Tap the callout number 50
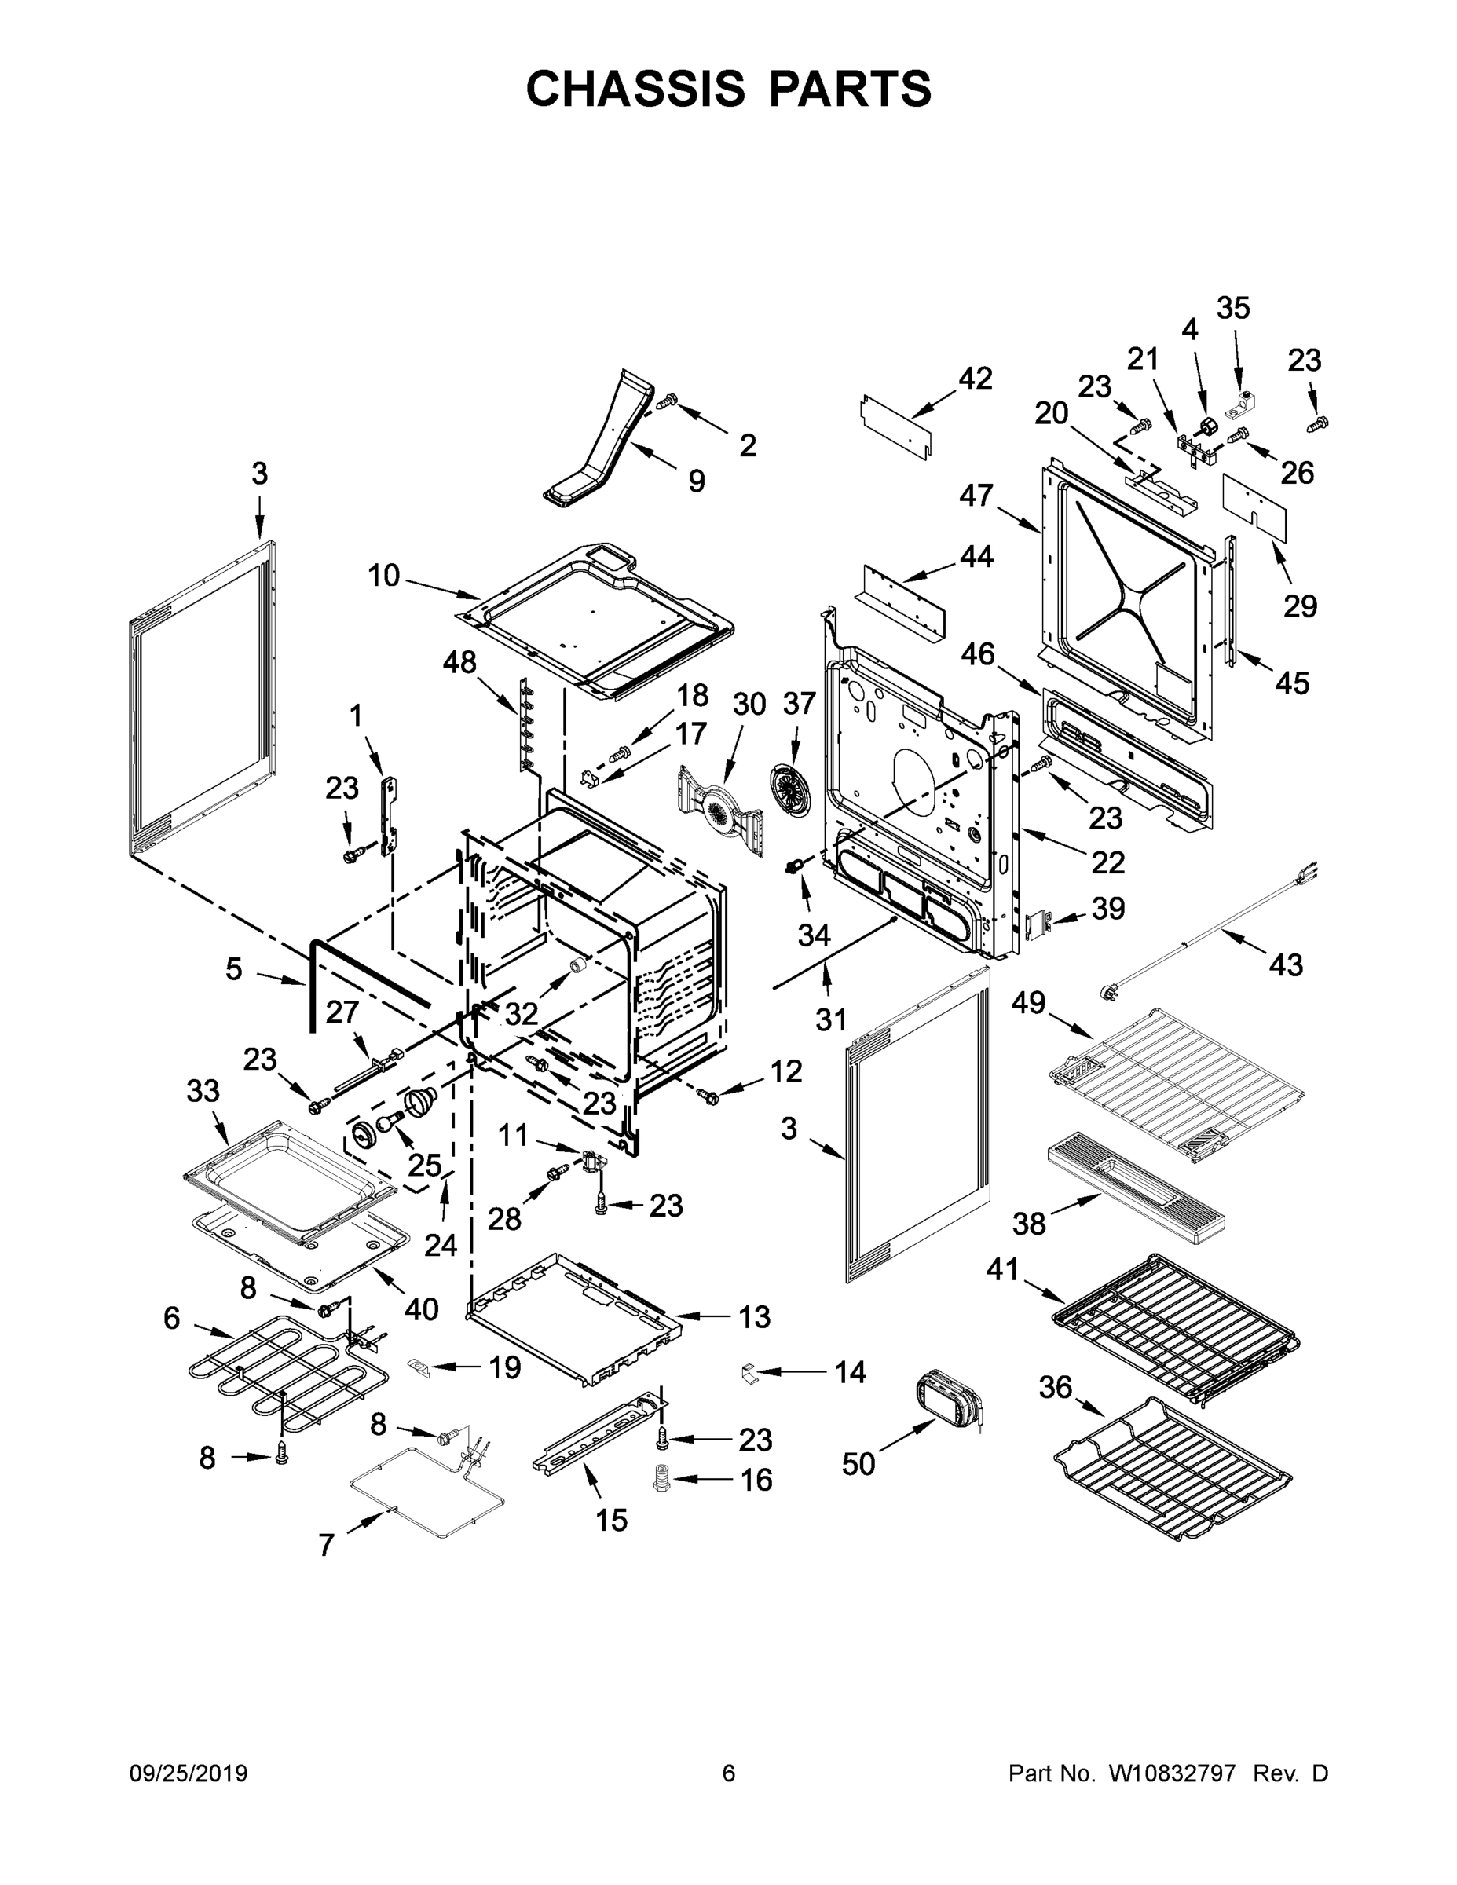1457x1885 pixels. click(858, 1464)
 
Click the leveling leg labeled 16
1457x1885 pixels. click(662, 1480)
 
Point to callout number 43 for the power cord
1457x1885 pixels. click(1285, 964)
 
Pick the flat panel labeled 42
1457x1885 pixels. click(898, 425)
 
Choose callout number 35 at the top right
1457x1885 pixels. click(1232, 308)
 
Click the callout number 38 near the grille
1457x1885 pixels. click(1029, 1222)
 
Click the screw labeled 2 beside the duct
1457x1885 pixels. click(667, 402)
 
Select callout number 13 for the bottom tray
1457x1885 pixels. click(753, 1317)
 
